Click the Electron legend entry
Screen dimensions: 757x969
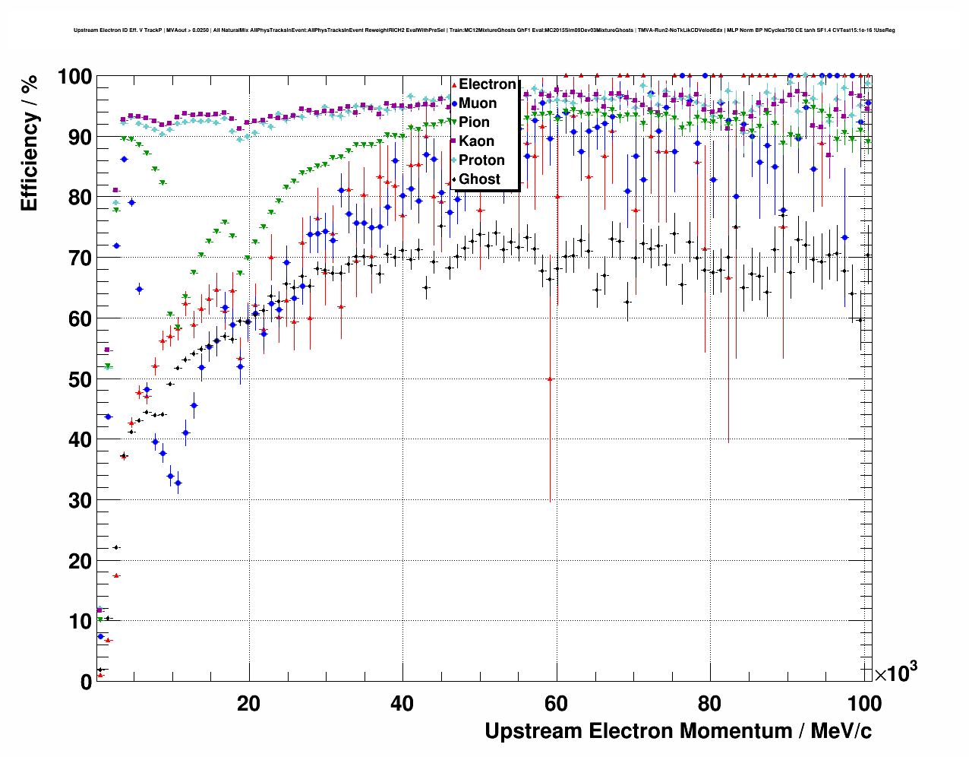point(487,84)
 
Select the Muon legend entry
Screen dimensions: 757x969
point(478,103)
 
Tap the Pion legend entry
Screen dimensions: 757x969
point(474,122)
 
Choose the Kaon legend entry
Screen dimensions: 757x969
point(476,141)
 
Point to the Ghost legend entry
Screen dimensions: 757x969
point(479,179)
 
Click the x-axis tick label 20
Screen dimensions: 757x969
point(248,704)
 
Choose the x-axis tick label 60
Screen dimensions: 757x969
point(557,704)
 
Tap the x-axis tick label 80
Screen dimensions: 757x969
point(710,704)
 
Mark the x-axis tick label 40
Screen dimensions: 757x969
point(402,704)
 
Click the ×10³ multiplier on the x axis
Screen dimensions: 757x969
point(895,673)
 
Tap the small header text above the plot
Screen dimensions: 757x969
point(485,30)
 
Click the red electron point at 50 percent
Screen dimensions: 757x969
point(550,378)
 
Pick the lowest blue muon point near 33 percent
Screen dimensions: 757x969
point(178,483)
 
